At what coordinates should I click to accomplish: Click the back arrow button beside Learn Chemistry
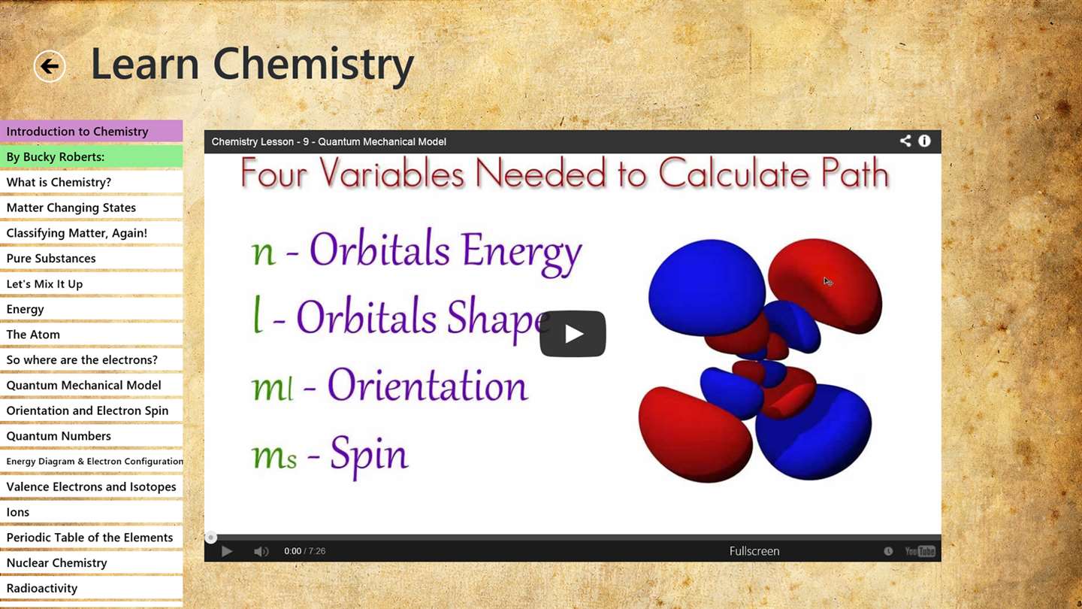click(x=50, y=66)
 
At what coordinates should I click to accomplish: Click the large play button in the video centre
click(x=573, y=334)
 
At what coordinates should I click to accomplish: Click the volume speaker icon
click(x=261, y=552)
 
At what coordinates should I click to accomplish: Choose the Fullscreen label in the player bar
click(x=754, y=551)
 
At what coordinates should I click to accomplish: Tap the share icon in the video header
click(x=905, y=141)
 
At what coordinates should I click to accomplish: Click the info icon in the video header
click(x=924, y=141)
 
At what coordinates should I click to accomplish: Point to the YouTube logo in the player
click(x=920, y=551)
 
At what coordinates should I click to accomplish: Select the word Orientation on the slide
click(x=428, y=385)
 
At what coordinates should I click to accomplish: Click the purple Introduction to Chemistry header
click(x=92, y=131)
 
